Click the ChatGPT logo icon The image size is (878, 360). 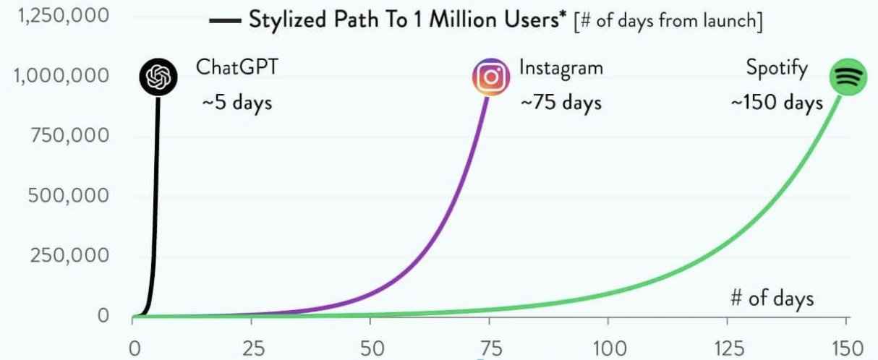click(157, 77)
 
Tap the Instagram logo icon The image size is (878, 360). click(491, 77)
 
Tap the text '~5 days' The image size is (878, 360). click(236, 103)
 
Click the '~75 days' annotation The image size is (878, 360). click(561, 103)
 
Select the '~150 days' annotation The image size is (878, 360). click(776, 103)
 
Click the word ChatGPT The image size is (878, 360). click(236, 69)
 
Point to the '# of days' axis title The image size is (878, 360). click(772, 298)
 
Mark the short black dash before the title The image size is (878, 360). click(225, 21)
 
